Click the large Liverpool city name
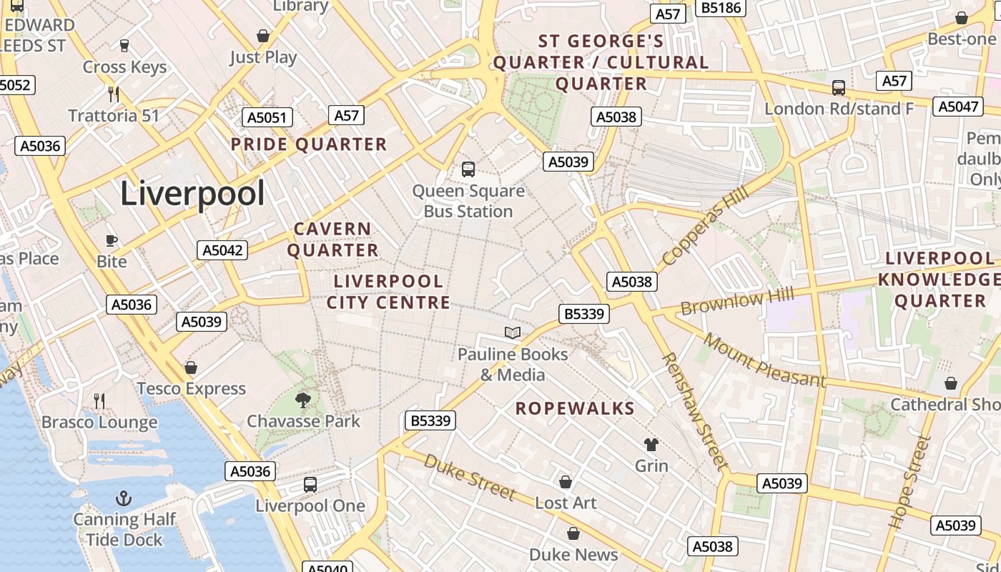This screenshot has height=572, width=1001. coord(192,194)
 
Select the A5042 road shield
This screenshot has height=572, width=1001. coord(222,250)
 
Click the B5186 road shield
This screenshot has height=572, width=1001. coord(721,8)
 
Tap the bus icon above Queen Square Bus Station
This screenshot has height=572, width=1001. coord(468,169)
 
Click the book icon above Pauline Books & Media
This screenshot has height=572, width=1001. coord(512,332)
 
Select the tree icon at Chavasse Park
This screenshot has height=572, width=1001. coord(303,400)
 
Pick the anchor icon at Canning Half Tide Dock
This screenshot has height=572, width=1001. coord(124,498)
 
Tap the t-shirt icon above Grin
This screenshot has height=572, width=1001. coord(651,445)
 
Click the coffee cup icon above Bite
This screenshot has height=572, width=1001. coord(111,240)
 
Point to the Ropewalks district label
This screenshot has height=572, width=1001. coord(575,408)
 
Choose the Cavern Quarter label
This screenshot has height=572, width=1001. coord(333,240)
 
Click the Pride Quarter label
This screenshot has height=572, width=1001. coord(308,144)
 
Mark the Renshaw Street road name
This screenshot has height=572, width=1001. coord(694,411)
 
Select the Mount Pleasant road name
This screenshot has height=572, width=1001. coord(764,360)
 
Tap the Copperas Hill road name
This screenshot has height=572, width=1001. coord(705,225)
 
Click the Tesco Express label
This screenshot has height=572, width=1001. coord(191,389)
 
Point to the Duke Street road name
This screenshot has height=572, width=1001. coord(469,476)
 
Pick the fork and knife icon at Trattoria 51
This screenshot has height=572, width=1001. coord(113,94)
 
